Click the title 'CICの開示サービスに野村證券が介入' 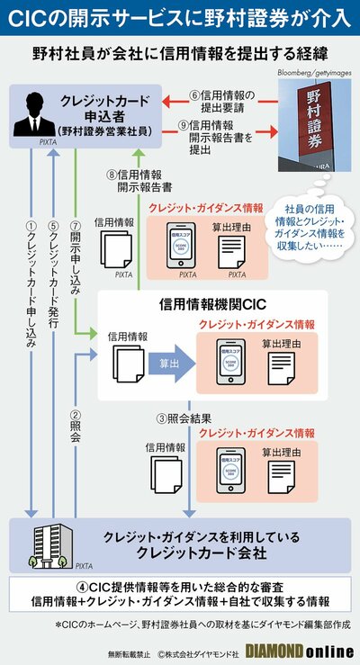pyautogui.click(x=180, y=17)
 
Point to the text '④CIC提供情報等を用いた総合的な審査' pyautogui.click(x=180, y=585)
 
